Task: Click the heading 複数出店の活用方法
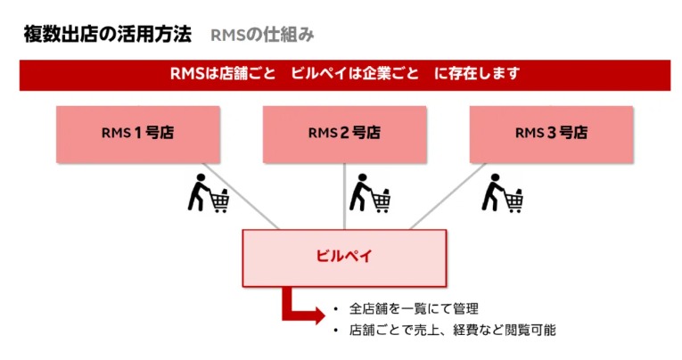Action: tap(107, 36)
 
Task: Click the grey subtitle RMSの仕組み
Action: tap(262, 36)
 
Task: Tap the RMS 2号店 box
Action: tap(344, 134)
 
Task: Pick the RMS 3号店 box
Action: tap(551, 134)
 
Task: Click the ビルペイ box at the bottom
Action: tap(344, 257)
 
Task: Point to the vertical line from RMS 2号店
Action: tap(344, 196)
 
